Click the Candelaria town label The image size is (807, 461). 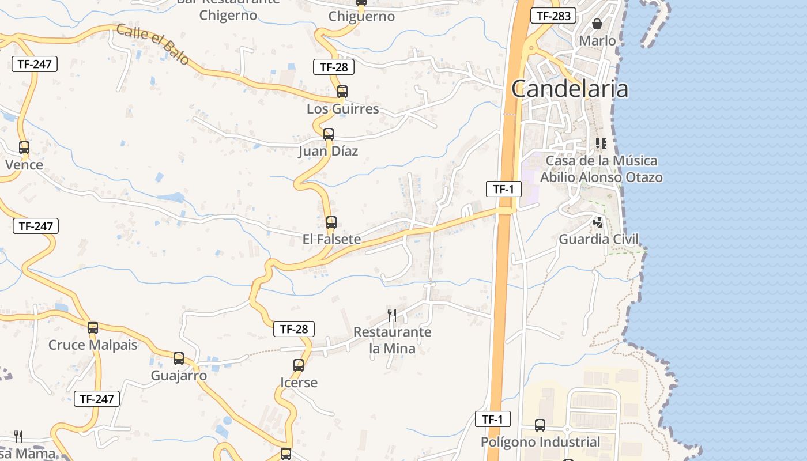tap(570, 89)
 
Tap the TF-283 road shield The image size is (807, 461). tap(553, 16)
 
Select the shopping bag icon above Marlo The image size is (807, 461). tap(597, 24)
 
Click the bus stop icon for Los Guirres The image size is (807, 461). tap(342, 91)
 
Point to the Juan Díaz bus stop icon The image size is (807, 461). tap(329, 134)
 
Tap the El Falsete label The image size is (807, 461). tap(331, 239)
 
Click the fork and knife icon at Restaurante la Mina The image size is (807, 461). tap(392, 315)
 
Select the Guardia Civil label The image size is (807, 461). tap(599, 239)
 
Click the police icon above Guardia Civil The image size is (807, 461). tap(599, 222)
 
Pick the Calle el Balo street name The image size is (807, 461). tap(153, 44)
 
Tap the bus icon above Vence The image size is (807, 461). tap(24, 147)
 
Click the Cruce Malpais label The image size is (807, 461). tap(93, 345)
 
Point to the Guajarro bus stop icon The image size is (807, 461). tap(179, 358)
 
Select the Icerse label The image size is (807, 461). tap(299, 383)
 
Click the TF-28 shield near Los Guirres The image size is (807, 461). tap(334, 67)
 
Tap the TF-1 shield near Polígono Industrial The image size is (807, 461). tap(493, 419)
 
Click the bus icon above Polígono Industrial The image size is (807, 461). tap(540, 425)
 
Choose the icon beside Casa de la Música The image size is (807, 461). tap(601, 143)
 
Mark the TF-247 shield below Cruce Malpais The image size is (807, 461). tap(97, 398)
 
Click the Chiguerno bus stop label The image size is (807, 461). tap(361, 16)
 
